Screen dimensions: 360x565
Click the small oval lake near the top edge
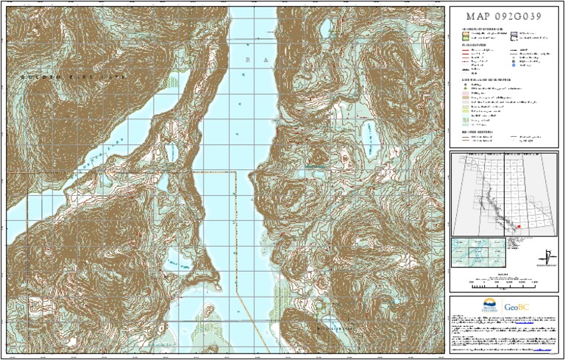click(x=324, y=29)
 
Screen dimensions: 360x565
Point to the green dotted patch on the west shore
click(x=174, y=85)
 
